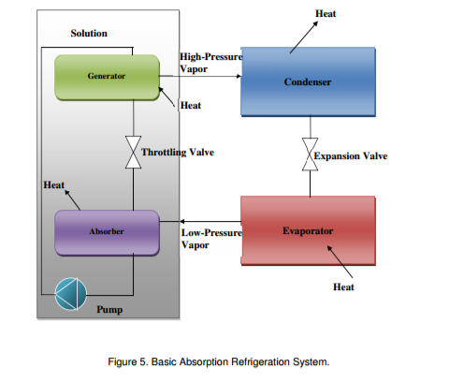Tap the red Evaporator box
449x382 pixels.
[x=307, y=230]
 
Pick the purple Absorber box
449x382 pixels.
[x=107, y=231]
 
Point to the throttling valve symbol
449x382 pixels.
[x=132, y=153]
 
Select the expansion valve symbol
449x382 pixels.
[x=307, y=155]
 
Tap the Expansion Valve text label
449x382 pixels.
[x=351, y=155]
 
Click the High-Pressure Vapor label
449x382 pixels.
[x=210, y=63]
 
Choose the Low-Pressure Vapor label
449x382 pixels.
[x=210, y=238]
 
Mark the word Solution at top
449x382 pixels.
[x=89, y=34]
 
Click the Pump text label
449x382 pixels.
[x=109, y=309]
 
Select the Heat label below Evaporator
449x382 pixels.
[x=343, y=286]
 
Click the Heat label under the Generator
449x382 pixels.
[x=190, y=106]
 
